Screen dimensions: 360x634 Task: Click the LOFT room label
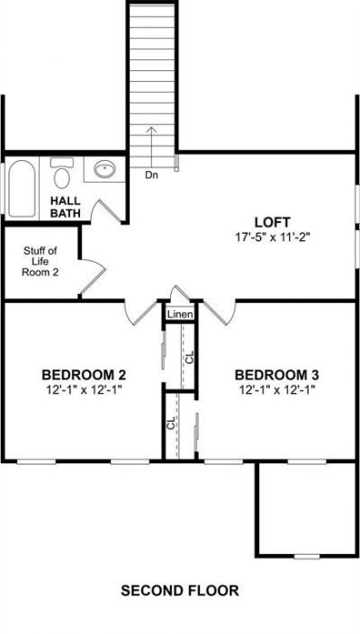(x=272, y=222)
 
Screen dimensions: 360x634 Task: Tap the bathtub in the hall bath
(x=22, y=189)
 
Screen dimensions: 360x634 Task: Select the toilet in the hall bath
(x=61, y=173)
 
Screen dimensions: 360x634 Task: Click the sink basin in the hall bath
(x=104, y=169)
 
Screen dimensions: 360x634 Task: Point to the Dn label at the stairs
(x=151, y=175)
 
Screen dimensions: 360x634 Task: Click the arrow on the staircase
(x=151, y=148)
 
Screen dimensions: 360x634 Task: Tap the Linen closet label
(x=180, y=314)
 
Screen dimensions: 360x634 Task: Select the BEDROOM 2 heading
(x=84, y=375)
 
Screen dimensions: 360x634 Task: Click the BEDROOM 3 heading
(x=276, y=375)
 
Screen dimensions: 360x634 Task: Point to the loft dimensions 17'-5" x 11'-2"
(x=272, y=237)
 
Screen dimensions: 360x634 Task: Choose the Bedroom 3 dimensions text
(x=276, y=390)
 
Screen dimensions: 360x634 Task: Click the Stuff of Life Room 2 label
(x=40, y=261)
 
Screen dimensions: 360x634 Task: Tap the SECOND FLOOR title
(x=180, y=591)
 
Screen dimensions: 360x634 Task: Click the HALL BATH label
(x=65, y=207)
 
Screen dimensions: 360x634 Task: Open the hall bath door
(x=106, y=211)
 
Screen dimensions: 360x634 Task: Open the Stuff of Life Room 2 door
(x=92, y=276)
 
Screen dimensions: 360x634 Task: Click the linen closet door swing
(x=180, y=294)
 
